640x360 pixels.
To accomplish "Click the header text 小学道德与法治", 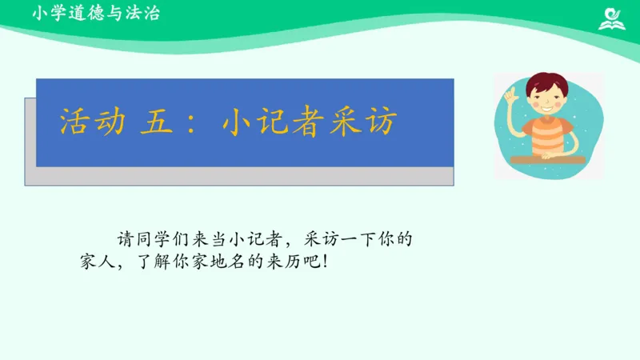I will point(97,14).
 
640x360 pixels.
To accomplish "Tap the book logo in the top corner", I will point(613,18).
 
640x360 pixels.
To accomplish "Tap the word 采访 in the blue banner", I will point(370,123).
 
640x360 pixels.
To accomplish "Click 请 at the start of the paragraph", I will point(126,238).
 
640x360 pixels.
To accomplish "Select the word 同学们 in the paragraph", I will point(162,238).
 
